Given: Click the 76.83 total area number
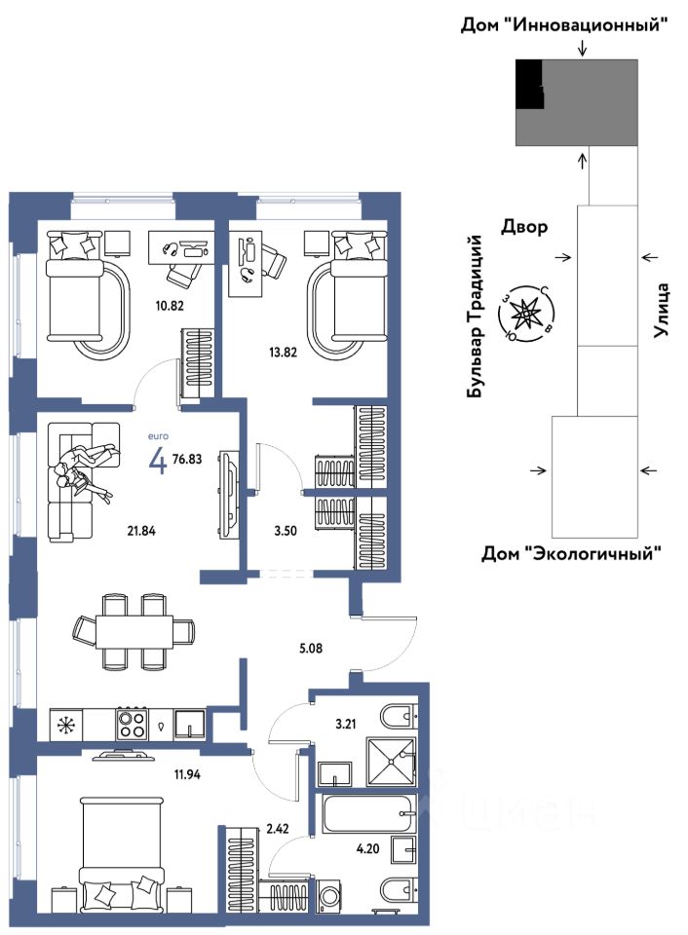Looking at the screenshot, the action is [x=187, y=459].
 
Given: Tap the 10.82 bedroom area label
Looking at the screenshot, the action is [x=170, y=306].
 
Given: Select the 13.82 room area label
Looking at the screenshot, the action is [x=283, y=353].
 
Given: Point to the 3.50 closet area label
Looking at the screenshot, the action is [x=286, y=531].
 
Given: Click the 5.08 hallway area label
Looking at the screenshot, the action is [x=311, y=648].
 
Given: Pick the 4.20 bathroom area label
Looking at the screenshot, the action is [x=367, y=848].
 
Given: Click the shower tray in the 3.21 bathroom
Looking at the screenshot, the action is [x=391, y=762].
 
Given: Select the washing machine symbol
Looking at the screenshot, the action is [x=325, y=895].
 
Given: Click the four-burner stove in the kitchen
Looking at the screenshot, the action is [x=132, y=724].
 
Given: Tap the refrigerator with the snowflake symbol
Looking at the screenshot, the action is [x=65, y=725].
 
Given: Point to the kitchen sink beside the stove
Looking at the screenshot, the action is [x=190, y=725].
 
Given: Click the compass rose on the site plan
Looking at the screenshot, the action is [x=526, y=312].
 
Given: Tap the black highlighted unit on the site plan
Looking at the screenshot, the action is [x=529, y=84].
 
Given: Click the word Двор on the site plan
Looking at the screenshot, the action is [x=524, y=226].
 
